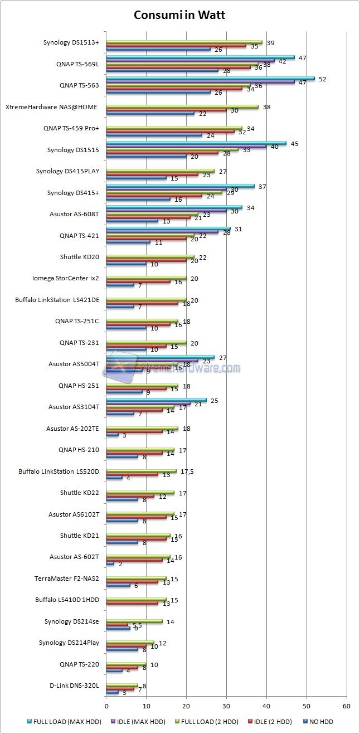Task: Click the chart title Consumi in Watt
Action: point(179,15)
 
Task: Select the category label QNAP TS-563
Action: point(79,85)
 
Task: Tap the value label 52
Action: point(322,79)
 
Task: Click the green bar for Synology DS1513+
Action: point(184,42)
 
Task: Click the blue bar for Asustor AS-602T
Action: point(110,563)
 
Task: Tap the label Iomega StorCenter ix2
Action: point(67,278)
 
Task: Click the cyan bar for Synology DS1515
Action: point(196,143)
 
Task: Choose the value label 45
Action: point(294,143)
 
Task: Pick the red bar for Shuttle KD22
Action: point(130,495)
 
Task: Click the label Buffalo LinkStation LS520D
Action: point(59,471)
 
